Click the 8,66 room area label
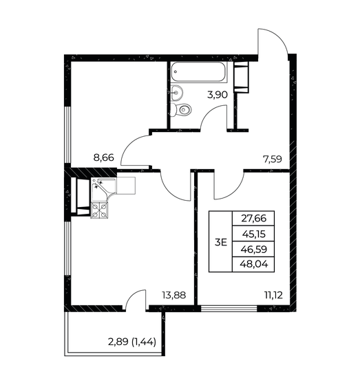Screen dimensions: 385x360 coord(104,157)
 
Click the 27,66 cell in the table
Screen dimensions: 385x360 coord(253,218)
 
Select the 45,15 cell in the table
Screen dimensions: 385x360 coord(253,234)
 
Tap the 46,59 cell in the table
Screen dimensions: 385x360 coord(253,250)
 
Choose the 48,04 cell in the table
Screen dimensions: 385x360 coord(253,267)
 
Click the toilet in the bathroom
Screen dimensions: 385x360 coord(182,110)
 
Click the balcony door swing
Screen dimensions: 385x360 coord(136,300)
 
